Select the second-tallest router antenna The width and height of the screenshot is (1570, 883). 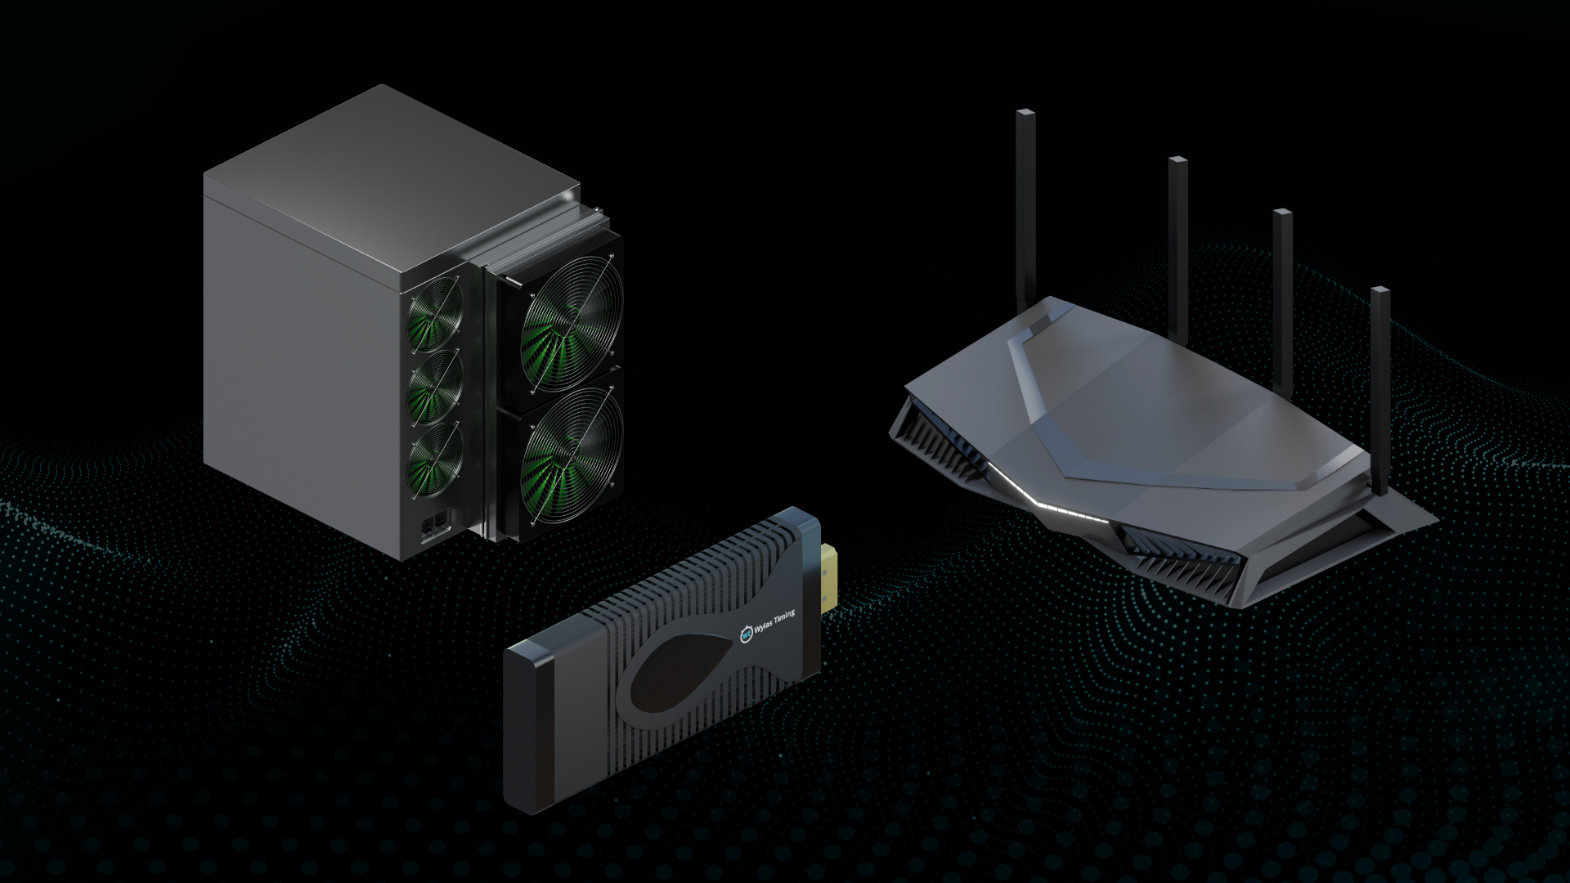pos(1177,229)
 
